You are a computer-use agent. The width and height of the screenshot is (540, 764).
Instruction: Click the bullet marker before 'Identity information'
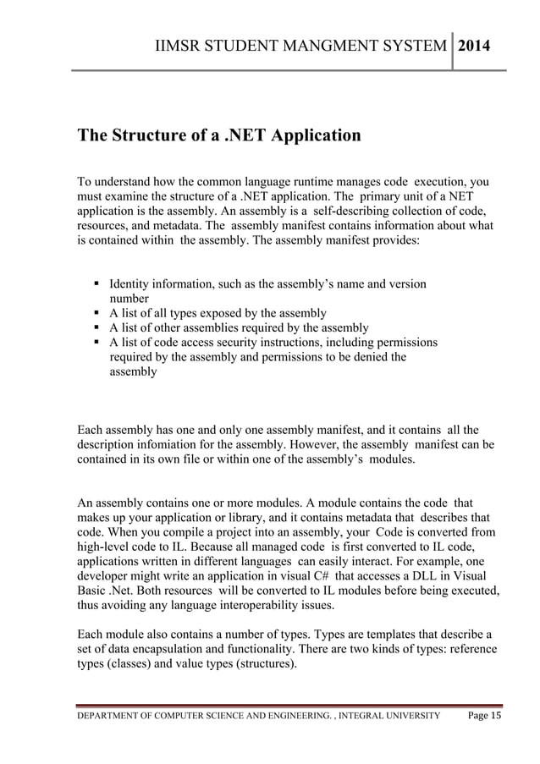coord(97,284)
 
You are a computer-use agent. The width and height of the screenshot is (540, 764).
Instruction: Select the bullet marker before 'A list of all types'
coord(97,313)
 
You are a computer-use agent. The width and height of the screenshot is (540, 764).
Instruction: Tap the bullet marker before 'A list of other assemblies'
coord(97,327)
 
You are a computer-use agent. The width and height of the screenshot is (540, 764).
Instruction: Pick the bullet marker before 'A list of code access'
coord(97,342)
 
